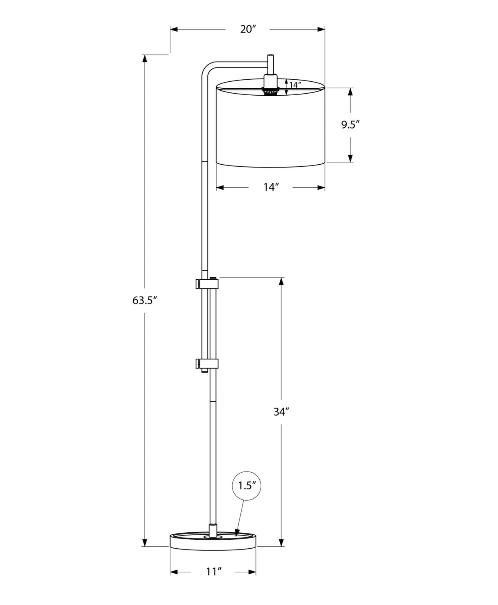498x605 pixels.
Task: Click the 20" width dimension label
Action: tap(248, 29)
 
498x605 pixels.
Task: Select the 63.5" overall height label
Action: tap(145, 300)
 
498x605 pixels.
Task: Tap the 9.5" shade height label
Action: tap(350, 124)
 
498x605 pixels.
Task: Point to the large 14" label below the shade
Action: tap(271, 187)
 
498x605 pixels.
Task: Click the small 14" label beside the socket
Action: tap(295, 85)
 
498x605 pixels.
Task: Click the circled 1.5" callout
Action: tap(247, 485)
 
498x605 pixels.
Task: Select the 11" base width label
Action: tap(213, 571)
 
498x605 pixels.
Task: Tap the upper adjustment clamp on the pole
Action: tap(207, 283)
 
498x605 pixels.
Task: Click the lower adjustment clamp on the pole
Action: tap(207, 364)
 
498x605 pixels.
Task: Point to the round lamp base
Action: tap(213, 541)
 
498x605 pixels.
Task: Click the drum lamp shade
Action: tap(271, 125)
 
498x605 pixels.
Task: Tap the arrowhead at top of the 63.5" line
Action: tap(144, 58)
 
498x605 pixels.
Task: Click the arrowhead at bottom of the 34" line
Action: tap(281, 543)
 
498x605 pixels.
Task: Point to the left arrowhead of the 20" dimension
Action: tap(174, 29)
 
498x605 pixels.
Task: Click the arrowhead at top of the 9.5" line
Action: tap(350, 92)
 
